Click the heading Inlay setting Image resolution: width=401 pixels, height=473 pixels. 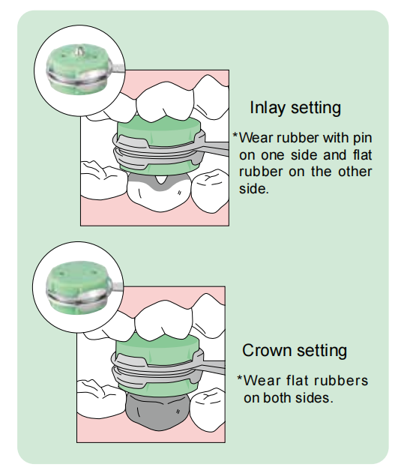tap(295, 108)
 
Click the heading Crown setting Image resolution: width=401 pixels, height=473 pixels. tap(295, 351)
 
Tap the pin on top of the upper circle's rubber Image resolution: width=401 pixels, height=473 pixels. tap(79, 51)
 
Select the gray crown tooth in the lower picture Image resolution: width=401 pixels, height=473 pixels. tap(157, 412)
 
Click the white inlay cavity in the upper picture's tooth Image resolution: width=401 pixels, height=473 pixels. tap(160, 180)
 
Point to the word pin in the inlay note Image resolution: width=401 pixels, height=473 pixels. tap(362, 139)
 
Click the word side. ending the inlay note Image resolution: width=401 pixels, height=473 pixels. tap(253, 189)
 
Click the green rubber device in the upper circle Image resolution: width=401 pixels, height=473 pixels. tap(78, 70)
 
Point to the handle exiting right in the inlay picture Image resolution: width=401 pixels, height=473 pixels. tap(215, 149)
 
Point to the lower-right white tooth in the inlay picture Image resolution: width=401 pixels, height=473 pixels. tap(210, 191)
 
